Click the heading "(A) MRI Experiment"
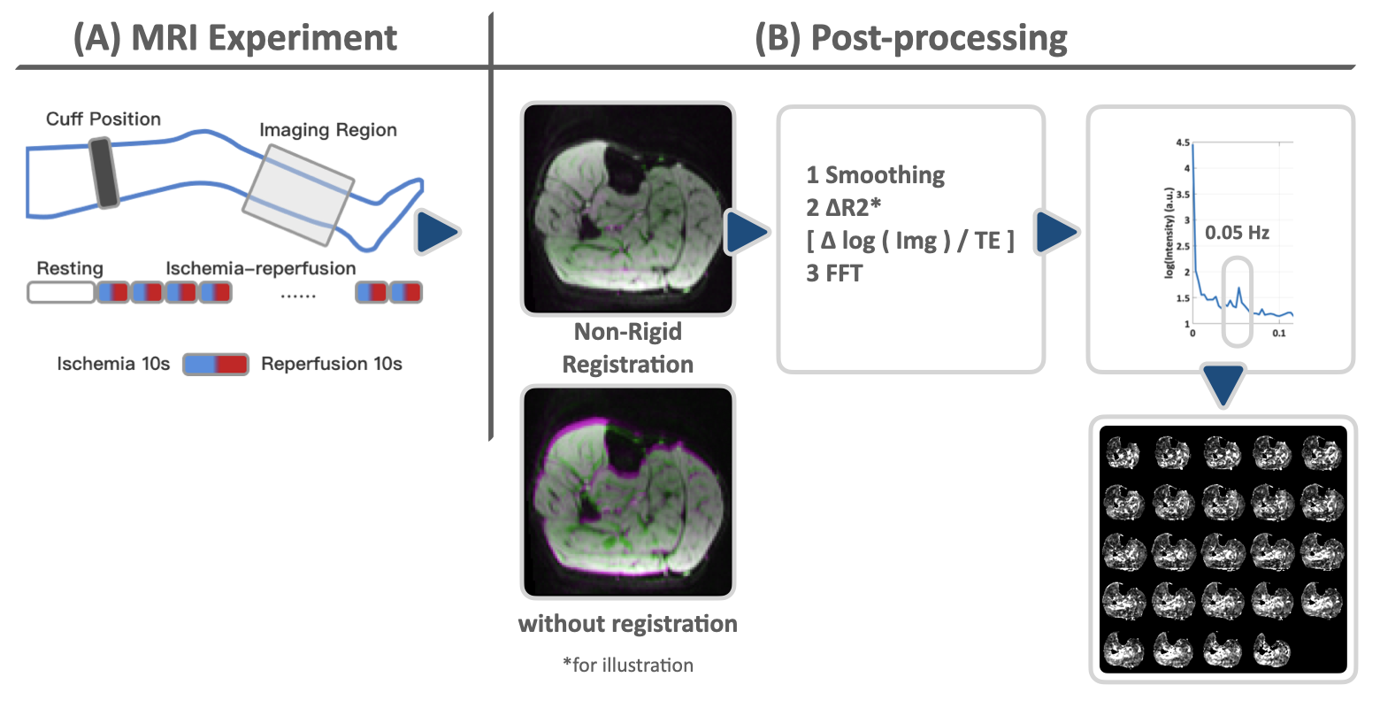pos(235,38)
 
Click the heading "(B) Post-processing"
pos(911,38)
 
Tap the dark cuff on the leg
pos(105,174)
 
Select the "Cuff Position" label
pos(103,119)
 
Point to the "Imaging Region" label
pos(327,130)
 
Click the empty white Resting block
pos(61,292)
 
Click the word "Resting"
pos(70,268)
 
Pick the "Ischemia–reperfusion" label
pos(261,268)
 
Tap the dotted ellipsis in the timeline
pos(298,296)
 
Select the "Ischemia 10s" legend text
pos(113,364)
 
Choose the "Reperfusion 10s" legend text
pos(332,364)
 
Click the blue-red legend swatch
pos(216,364)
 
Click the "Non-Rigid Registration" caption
pos(628,348)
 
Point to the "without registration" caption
pos(628,624)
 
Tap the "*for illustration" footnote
pos(628,665)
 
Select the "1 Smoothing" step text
pos(876,175)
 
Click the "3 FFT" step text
pos(834,273)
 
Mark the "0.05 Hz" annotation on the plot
pos(1237,234)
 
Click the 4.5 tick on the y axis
pos(1184,142)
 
